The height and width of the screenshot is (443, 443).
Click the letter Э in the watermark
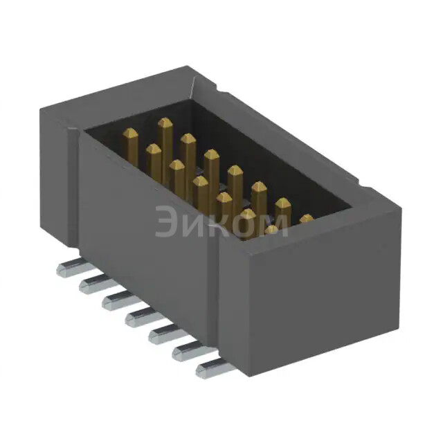click(168, 221)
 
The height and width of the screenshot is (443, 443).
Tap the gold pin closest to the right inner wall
click(306, 221)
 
